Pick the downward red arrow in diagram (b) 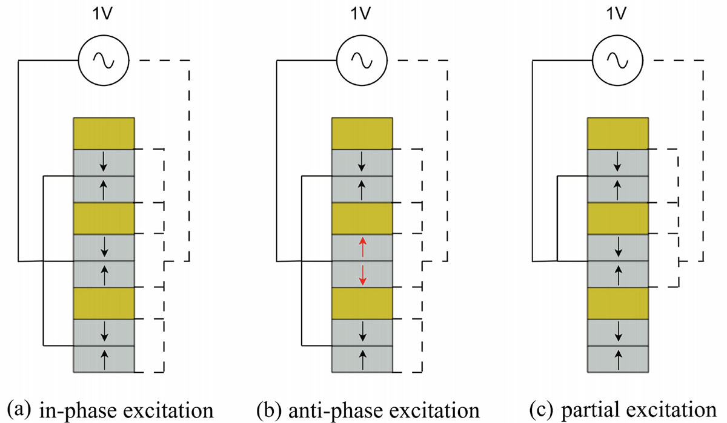[x=362, y=274]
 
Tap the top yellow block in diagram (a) [x=104, y=133]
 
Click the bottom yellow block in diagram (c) [x=619, y=303]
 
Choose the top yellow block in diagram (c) [x=619, y=134]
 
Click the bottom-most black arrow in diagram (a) [x=104, y=359]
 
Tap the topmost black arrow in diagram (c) [x=618, y=162]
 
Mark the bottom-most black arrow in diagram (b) [x=362, y=359]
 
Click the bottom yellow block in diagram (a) [x=104, y=303]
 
